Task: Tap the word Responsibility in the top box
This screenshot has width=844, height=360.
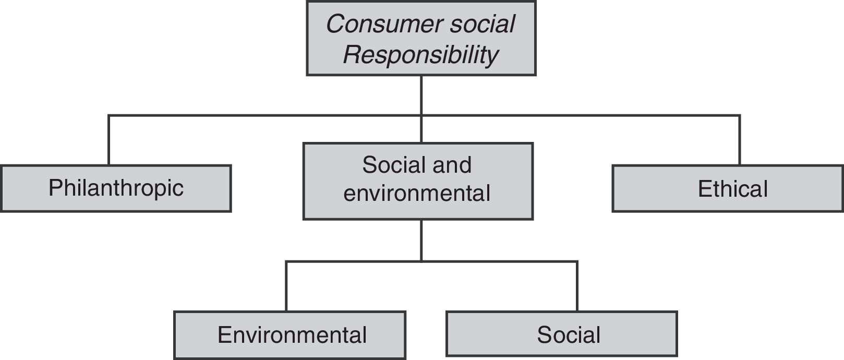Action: point(420,54)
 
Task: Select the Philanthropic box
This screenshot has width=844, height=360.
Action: point(116,188)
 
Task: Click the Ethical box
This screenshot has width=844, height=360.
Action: point(728,189)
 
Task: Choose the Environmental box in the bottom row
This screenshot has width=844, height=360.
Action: point(290,335)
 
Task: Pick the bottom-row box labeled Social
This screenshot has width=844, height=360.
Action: point(562,334)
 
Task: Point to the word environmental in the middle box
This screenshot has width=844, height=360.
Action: point(417,193)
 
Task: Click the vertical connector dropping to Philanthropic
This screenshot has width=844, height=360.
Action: point(108,140)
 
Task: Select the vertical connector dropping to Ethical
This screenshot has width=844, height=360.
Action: point(739,140)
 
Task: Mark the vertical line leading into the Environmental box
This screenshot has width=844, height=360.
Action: point(286,286)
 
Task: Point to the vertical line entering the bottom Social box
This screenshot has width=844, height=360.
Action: point(577,286)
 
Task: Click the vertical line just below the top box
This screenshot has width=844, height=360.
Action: point(421,94)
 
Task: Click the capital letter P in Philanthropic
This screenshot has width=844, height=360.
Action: point(55,188)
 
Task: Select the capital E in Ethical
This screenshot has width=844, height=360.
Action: point(704,189)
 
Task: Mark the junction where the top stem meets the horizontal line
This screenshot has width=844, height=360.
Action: point(421,115)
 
